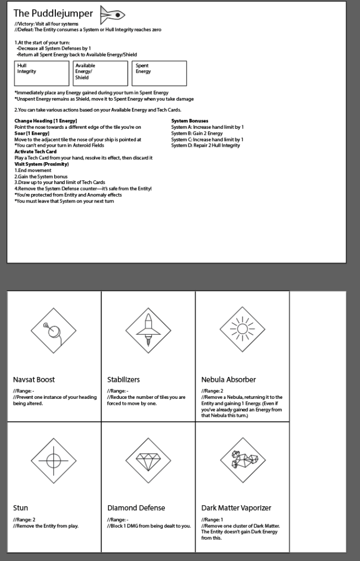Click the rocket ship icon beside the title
point(113,14)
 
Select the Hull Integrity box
point(42,73)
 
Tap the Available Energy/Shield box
point(100,73)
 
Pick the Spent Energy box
point(159,73)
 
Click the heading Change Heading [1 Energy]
point(45,121)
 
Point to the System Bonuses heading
point(190,121)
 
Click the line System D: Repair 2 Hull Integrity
point(205,145)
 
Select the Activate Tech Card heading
point(36,151)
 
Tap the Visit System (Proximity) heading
point(42,164)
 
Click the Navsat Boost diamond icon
point(54,330)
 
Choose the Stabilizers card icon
point(148,330)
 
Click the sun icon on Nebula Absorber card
point(242,329)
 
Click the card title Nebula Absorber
point(228,379)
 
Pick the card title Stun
point(20,508)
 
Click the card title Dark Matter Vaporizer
point(236,508)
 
